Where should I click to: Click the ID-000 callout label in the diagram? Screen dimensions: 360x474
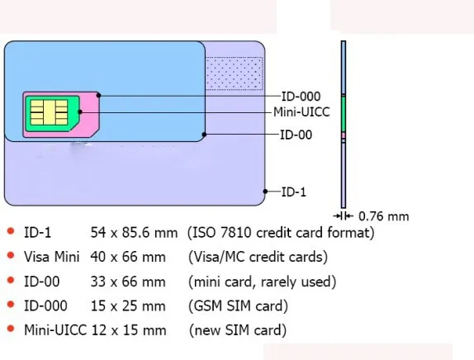301,97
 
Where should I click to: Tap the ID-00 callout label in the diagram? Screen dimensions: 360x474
296,134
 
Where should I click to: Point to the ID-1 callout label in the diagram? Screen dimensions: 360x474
293,192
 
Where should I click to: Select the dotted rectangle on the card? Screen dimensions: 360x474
235,72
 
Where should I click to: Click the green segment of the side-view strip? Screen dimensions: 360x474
343,113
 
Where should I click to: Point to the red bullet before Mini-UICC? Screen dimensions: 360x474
9,330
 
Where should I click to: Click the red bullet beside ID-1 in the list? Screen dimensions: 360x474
9,232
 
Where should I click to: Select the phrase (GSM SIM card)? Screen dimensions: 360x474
238,306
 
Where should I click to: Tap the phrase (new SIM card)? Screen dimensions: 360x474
238,331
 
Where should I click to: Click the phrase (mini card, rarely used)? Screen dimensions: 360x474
262,282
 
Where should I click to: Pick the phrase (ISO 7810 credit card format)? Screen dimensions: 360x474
281,233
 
